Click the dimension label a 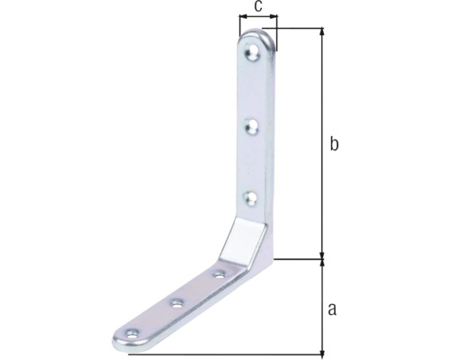pos(332,310)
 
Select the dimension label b pos(334,143)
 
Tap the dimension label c pos(258,6)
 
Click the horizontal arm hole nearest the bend pos(219,273)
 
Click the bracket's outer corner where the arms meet pos(271,259)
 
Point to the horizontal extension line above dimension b pos(297,28)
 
